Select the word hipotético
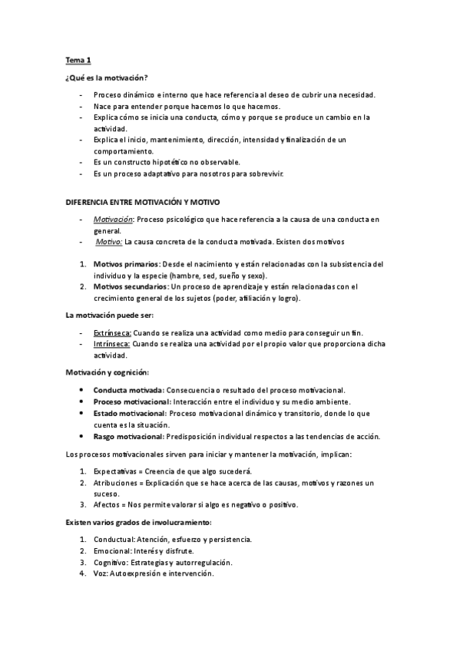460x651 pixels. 174,162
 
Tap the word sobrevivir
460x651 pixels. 266,173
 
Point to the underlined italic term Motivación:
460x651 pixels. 112,219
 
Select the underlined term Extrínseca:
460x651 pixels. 112,333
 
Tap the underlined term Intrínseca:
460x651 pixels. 111,345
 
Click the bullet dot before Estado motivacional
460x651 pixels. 82,413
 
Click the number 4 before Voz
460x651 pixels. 82,573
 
